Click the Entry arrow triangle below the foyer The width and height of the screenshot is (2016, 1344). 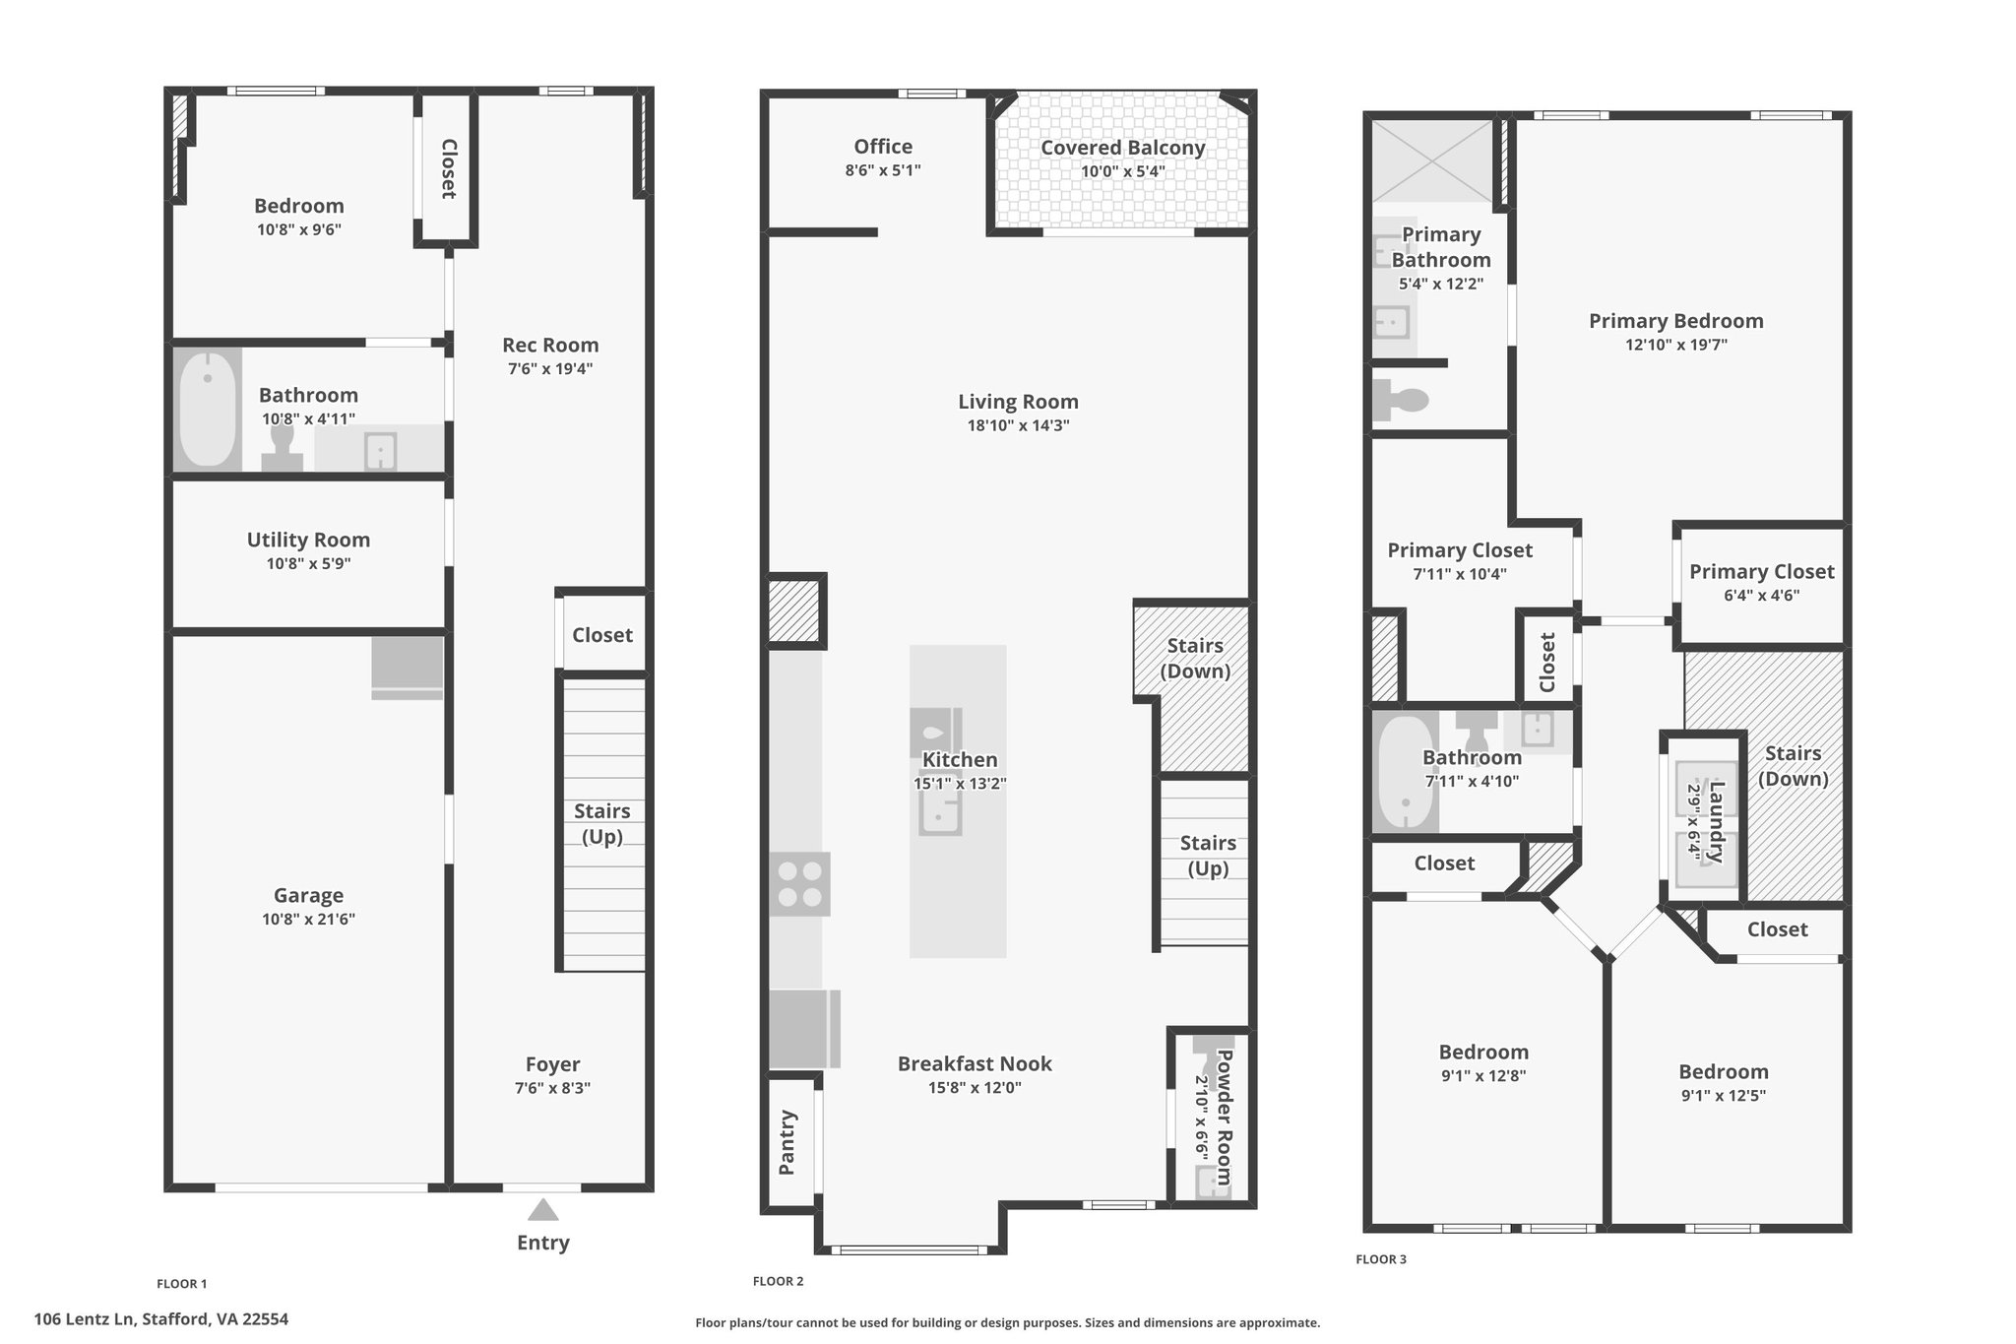pyautogui.click(x=542, y=1209)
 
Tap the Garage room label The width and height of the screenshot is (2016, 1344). pyautogui.click(x=308, y=895)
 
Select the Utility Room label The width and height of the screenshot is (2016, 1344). pyautogui.click(x=308, y=540)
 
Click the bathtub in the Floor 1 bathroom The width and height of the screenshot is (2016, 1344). pyautogui.click(x=208, y=410)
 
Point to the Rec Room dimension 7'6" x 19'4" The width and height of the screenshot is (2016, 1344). pyautogui.click(x=550, y=369)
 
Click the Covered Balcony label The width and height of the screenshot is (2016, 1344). pyautogui.click(x=1123, y=148)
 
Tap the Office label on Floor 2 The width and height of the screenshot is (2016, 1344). pyautogui.click(x=883, y=147)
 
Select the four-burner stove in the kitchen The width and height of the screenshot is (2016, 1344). pyautogui.click(x=799, y=884)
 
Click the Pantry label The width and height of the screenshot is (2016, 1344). pyautogui.click(x=787, y=1142)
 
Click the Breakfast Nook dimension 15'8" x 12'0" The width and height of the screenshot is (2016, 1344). pyautogui.click(x=974, y=1088)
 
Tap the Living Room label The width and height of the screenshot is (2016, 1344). pyautogui.click(x=1018, y=402)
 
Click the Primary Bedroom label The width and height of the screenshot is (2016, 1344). pyautogui.click(x=1675, y=321)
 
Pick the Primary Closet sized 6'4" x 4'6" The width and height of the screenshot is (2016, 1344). pyautogui.click(x=1761, y=582)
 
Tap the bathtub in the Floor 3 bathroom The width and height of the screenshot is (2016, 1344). pyautogui.click(x=1405, y=774)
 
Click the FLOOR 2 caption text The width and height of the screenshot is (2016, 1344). pyautogui.click(x=778, y=1281)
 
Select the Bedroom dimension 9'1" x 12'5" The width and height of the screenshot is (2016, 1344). pyautogui.click(x=1724, y=1096)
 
